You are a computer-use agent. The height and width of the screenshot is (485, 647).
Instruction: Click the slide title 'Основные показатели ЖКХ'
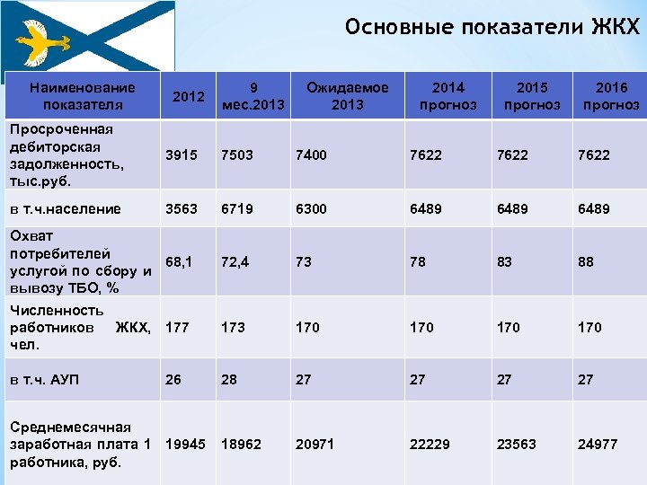click(492, 27)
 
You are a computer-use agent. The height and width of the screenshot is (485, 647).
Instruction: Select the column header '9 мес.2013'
click(253, 96)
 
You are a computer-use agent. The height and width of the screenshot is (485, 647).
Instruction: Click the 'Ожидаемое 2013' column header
click(347, 96)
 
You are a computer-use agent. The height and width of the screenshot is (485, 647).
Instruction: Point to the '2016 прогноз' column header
click(611, 96)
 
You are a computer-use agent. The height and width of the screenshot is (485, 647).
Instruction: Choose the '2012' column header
click(187, 96)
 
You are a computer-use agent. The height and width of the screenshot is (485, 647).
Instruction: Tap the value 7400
click(311, 154)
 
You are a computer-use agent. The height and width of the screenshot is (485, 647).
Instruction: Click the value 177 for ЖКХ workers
click(177, 327)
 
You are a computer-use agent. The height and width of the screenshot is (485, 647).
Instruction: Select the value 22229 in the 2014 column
click(430, 445)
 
